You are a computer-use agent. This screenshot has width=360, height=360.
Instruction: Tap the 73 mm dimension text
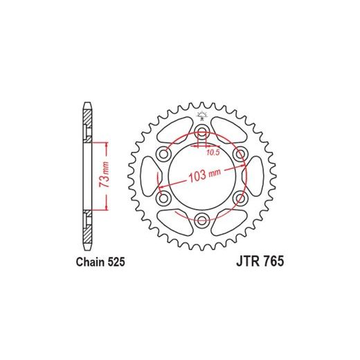coord(104,174)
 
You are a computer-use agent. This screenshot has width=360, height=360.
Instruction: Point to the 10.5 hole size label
coord(213,152)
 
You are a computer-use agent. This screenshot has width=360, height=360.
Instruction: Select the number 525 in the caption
coord(116,262)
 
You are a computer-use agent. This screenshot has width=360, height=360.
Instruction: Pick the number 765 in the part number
coord(273,262)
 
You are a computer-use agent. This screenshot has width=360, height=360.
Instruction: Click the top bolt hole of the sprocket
coord(202,132)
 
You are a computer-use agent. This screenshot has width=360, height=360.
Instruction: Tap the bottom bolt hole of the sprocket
coord(202,220)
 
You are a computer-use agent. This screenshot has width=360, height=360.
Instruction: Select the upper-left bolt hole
coord(164,154)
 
